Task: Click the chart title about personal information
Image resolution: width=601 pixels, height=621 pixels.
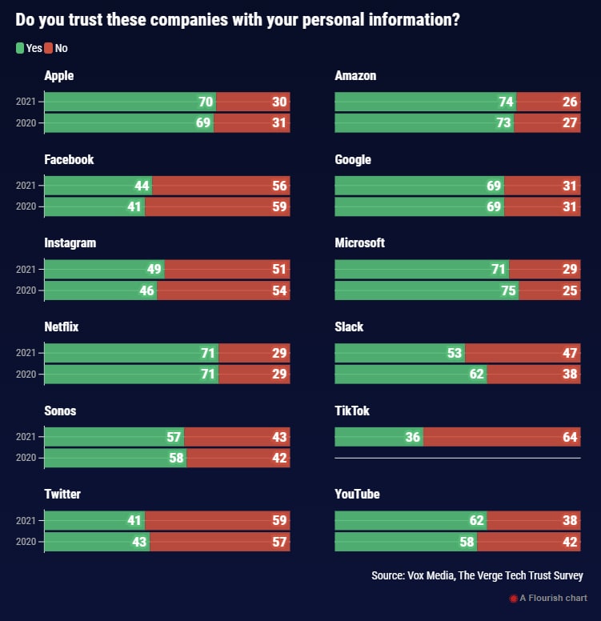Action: coord(237,20)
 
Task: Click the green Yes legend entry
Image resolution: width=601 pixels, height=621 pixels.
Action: coord(29,48)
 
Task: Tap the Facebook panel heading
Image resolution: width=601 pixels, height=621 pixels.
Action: coord(69,159)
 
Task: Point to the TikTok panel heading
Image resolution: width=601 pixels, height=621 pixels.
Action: coord(352,411)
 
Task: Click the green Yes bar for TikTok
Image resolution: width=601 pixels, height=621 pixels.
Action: coord(379,437)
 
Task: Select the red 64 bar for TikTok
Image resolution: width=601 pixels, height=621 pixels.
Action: coord(502,437)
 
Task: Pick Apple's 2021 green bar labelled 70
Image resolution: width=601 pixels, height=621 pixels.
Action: coord(130,102)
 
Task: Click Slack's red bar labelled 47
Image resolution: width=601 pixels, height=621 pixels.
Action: coord(523,353)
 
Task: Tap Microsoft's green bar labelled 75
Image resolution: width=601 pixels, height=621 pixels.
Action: coord(426,290)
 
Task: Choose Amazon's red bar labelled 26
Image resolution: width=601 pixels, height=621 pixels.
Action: coord(548,102)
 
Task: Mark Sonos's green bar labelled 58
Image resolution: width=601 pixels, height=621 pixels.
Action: coord(115,458)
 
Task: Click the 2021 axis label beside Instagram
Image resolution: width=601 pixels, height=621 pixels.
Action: coord(26,269)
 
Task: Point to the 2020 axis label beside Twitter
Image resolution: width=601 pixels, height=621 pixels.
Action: coord(26,541)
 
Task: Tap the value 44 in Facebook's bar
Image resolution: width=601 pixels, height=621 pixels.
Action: coord(142,186)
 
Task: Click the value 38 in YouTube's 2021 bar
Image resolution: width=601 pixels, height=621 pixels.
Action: coord(569,520)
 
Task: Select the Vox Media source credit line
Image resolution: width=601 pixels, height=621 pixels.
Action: coord(477,575)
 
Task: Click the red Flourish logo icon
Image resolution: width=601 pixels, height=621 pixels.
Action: coord(514,598)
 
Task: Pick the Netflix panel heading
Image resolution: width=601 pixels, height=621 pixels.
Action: coord(62,327)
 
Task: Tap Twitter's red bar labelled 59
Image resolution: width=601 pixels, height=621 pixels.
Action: coord(218,520)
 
